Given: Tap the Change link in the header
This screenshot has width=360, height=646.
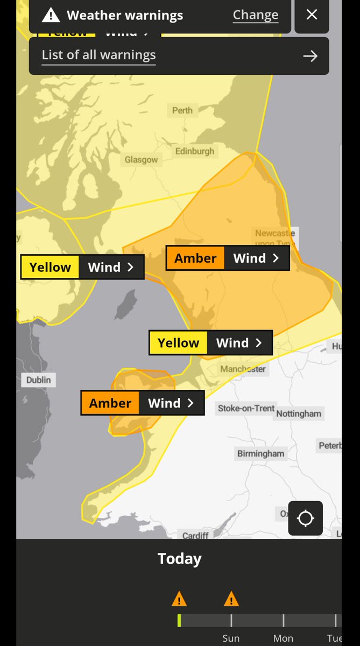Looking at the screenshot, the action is point(255,15).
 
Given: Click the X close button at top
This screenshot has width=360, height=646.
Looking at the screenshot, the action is point(312,15).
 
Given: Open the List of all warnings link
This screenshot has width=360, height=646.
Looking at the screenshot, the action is point(98,55).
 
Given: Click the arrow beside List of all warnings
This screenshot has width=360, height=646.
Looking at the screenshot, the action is point(310,56).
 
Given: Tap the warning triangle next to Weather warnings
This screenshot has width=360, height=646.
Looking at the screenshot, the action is point(51,15).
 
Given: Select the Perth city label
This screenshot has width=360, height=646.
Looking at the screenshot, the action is point(182,110).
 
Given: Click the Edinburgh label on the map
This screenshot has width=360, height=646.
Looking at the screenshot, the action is point(194,151).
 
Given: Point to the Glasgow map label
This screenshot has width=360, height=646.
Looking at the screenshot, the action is point(142,159).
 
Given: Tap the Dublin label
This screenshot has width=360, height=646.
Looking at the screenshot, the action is point(39,380).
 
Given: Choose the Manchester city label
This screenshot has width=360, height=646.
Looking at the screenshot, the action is point(243,369).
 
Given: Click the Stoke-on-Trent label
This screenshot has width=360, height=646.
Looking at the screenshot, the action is point(246,409).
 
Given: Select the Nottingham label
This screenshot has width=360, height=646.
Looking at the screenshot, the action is point(299,414).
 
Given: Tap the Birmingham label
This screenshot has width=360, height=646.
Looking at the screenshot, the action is point(260,454).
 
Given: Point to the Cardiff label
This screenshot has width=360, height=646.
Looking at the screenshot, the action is point(195,535).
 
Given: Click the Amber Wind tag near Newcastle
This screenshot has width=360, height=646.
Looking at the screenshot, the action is point(228,258).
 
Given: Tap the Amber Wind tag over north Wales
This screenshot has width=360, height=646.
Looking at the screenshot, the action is point(143,403).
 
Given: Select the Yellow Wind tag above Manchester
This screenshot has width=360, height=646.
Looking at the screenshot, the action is point(211,343).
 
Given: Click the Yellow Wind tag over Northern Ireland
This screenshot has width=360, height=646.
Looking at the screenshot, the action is point(82,268).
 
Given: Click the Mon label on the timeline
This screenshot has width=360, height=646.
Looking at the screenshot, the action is point(283,638).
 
